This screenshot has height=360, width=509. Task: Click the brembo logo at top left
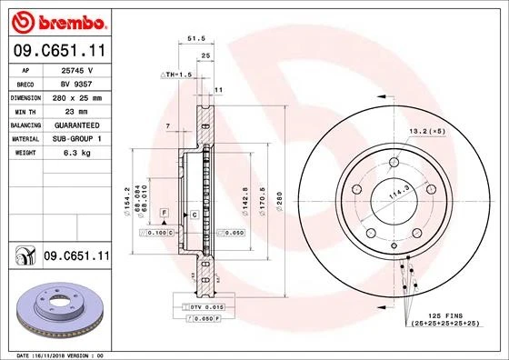pyautogui.click(x=56, y=20)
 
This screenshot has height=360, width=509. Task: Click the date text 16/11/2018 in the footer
pyautogui.click(x=62, y=355)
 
